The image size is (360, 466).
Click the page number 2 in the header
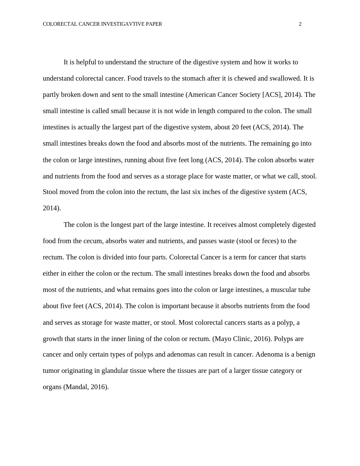coord(300,24)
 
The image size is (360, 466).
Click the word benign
coord(305,354)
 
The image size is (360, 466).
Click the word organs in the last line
coord(52,387)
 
